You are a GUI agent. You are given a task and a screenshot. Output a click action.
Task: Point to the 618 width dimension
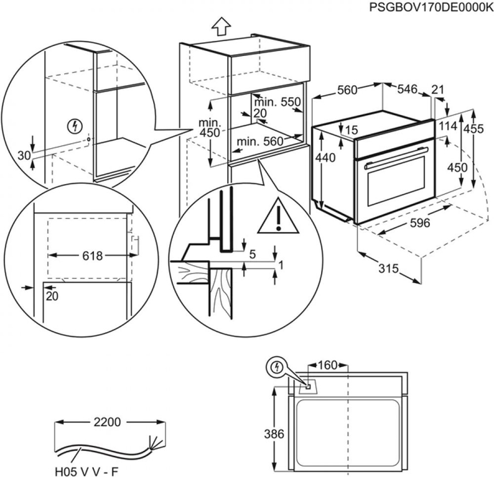click(93, 255)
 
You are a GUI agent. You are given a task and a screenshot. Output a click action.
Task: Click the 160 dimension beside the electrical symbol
click(328, 365)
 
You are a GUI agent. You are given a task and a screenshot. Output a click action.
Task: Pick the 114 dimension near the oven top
click(448, 126)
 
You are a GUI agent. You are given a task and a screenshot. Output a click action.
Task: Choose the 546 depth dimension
click(407, 89)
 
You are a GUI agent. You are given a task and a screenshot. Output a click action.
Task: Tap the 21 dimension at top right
click(437, 89)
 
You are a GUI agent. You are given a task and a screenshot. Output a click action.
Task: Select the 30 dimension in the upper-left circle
click(24, 155)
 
